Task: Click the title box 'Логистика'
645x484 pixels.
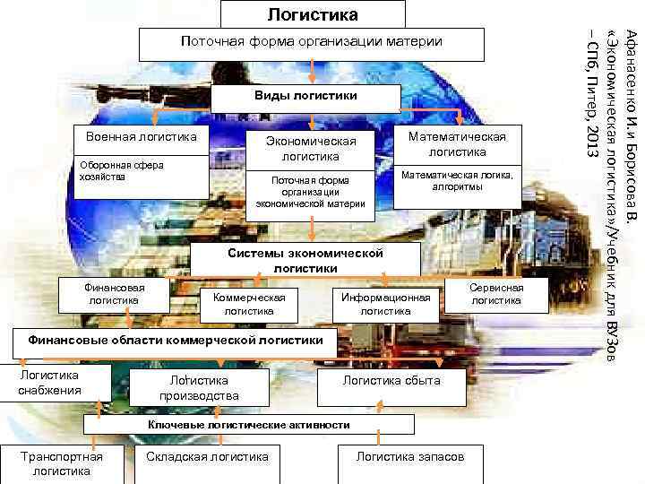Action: tap(312, 14)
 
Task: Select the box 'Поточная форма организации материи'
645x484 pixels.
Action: tap(311, 42)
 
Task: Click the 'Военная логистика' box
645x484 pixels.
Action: tap(141, 137)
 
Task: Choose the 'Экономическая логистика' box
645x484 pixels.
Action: tap(306, 149)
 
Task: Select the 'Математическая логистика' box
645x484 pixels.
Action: tap(457, 143)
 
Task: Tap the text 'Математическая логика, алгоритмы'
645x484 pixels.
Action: tap(457, 182)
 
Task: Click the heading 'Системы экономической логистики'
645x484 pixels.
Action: tap(305, 260)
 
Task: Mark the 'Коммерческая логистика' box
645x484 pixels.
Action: tap(250, 304)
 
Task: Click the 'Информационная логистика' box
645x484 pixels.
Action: tap(385, 304)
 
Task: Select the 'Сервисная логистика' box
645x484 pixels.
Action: tap(496, 293)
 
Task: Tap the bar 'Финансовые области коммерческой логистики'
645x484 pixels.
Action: tap(175, 341)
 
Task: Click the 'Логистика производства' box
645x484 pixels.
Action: tap(198, 388)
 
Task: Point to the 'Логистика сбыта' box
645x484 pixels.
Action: tap(391, 381)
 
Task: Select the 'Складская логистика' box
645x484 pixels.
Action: tap(207, 457)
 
